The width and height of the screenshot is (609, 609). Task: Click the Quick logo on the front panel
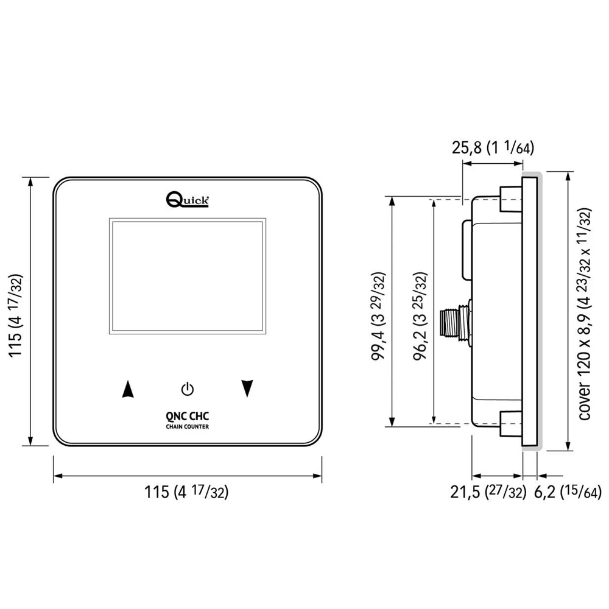(188, 199)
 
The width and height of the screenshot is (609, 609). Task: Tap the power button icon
(188, 389)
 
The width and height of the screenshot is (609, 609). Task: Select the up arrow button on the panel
(128, 389)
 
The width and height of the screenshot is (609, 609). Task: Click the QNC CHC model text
(187, 417)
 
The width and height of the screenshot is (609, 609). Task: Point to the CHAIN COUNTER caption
(187, 426)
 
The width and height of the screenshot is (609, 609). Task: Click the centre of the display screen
(188, 276)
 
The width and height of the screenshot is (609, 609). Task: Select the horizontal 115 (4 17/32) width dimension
(186, 492)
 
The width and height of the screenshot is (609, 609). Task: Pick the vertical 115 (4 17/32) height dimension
(16, 315)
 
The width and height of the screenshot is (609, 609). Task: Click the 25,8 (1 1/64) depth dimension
(493, 147)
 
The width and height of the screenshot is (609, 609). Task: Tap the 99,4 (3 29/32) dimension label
(378, 316)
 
